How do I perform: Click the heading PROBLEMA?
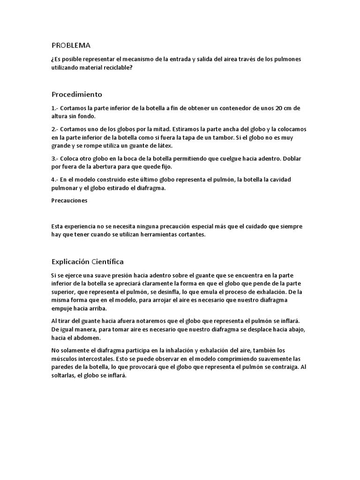click(x=70, y=45)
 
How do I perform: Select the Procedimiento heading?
click(x=76, y=94)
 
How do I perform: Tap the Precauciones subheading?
click(x=69, y=201)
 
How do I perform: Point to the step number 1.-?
click(x=55, y=108)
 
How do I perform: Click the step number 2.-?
click(x=55, y=129)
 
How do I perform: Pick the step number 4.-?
click(x=55, y=180)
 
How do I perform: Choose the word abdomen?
click(x=90, y=338)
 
